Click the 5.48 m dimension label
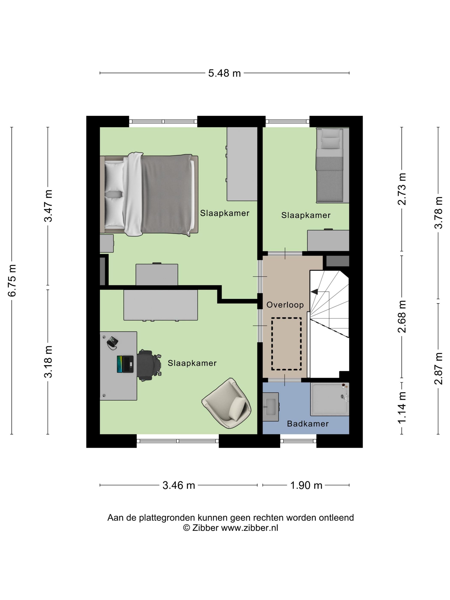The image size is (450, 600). [x=224, y=73]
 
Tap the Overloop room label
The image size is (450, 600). [x=285, y=305]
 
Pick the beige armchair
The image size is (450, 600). [x=226, y=403]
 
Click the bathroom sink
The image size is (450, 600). [x=270, y=406]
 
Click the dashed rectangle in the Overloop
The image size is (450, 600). [x=286, y=344]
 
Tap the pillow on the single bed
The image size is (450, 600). [x=330, y=143]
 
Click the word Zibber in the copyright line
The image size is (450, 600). [x=205, y=528]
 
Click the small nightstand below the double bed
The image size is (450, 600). [x=106, y=243]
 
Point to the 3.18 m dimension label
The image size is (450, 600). [x=48, y=362]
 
